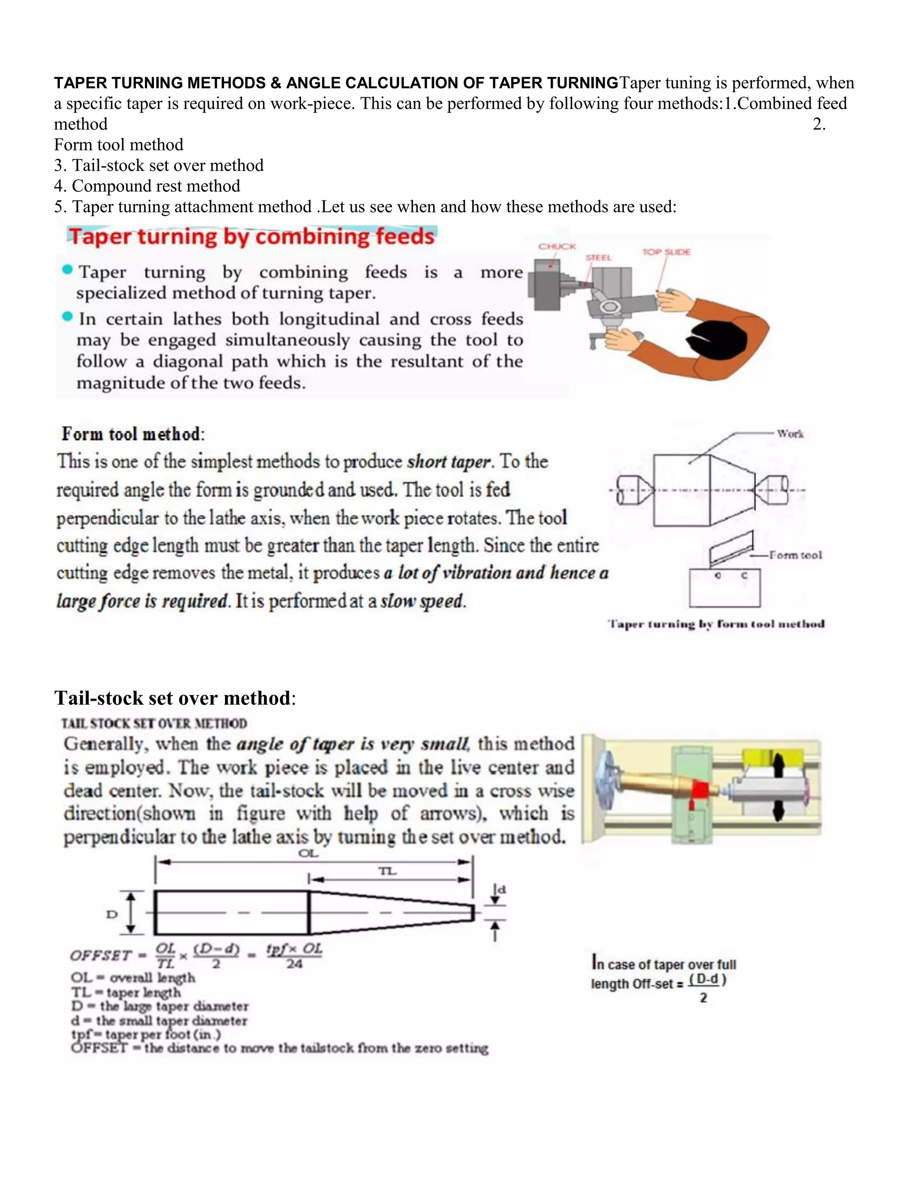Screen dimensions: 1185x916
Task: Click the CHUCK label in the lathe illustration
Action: pyautogui.click(x=556, y=246)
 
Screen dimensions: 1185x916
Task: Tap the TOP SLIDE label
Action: pyautogui.click(x=666, y=252)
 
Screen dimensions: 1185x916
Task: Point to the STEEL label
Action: pyautogui.click(x=598, y=258)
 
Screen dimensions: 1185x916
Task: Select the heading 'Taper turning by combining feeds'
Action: pyautogui.click(x=251, y=237)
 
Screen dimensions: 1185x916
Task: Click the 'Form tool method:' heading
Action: pyautogui.click(x=133, y=434)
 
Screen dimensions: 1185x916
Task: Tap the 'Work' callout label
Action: pyautogui.click(x=789, y=433)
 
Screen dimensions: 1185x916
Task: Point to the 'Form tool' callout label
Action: pyautogui.click(x=796, y=555)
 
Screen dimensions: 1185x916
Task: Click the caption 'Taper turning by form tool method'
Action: pyautogui.click(x=716, y=624)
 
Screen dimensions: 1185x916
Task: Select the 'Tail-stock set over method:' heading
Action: pyautogui.click(x=175, y=698)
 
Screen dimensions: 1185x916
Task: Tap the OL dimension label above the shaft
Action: pyautogui.click(x=308, y=854)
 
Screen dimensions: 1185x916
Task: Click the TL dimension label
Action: pyautogui.click(x=387, y=872)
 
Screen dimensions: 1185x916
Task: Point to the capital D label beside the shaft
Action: pyautogui.click(x=112, y=914)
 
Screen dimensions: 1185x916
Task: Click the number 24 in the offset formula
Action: pyautogui.click(x=294, y=964)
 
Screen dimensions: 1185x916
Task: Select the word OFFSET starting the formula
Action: pyautogui.click(x=100, y=956)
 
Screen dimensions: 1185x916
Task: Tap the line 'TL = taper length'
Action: pyautogui.click(x=126, y=992)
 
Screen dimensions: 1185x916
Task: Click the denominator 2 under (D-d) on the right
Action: pyautogui.click(x=703, y=998)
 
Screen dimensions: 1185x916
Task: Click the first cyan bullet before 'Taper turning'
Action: pyautogui.click(x=67, y=270)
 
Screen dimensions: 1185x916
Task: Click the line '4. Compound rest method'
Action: pyautogui.click(x=147, y=186)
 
